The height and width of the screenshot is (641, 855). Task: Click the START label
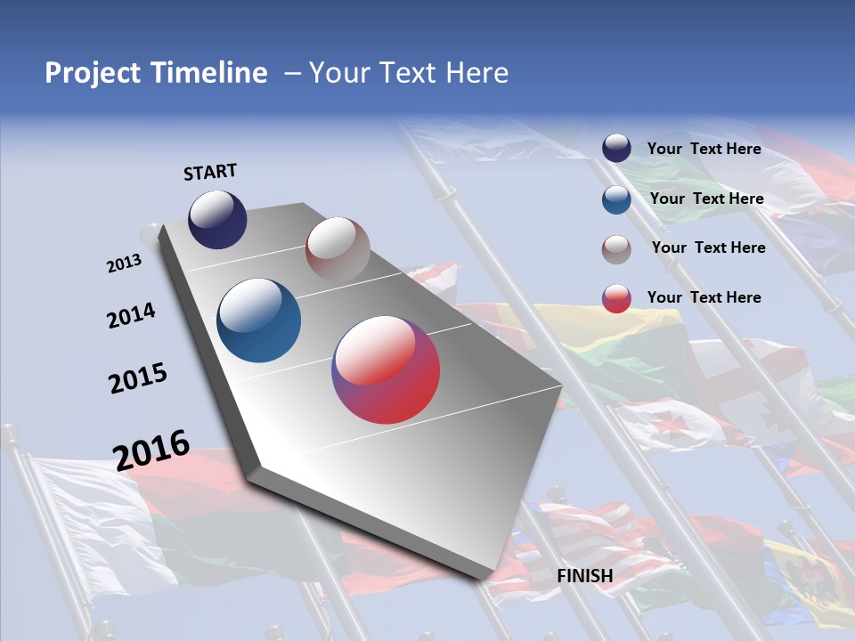(210, 172)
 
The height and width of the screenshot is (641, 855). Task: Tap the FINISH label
(585, 576)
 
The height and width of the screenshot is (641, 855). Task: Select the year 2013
(125, 263)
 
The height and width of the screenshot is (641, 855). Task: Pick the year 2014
(131, 315)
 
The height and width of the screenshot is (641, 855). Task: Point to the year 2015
(138, 378)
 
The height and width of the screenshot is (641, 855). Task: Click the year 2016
(151, 450)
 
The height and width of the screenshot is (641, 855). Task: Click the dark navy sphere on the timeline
(217, 219)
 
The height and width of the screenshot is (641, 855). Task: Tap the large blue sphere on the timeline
(259, 320)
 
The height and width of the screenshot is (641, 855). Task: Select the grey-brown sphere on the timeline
(338, 249)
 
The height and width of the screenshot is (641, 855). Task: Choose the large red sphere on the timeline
(386, 369)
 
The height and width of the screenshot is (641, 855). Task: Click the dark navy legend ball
(616, 149)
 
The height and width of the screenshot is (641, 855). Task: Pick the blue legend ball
(616, 199)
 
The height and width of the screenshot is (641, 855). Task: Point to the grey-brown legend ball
(616, 249)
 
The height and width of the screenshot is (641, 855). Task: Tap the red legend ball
(616, 298)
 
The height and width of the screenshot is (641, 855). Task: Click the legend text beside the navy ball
(704, 149)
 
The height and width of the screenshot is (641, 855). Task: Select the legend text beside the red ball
(704, 297)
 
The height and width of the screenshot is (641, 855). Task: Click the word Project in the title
(92, 73)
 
